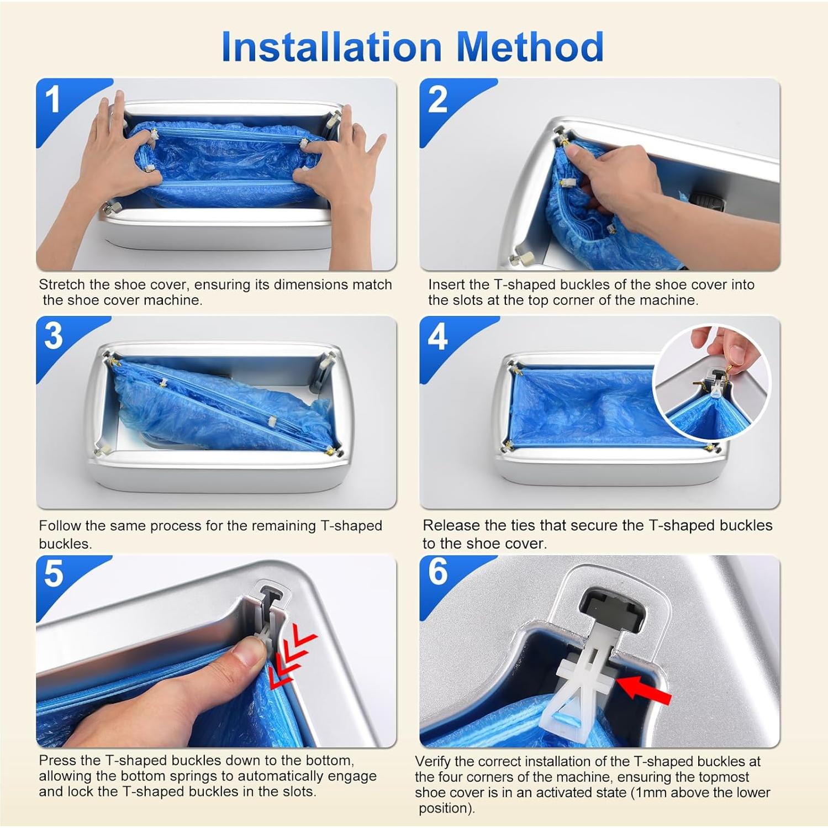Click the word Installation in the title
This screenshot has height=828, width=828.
331,47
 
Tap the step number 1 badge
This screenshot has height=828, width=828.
53,100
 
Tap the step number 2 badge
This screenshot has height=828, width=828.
437,100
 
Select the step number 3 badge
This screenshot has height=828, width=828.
53,336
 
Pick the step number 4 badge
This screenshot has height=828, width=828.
437,337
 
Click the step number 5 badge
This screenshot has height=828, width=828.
54,574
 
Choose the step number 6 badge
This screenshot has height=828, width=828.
437,572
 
